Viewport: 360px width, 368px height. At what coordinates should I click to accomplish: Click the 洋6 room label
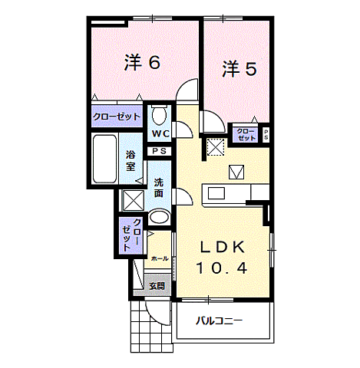click(x=142, y=63)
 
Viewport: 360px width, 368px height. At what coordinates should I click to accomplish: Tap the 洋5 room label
click(x=239, y=70)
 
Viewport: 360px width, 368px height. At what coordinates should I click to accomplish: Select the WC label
click(x=160, y=134)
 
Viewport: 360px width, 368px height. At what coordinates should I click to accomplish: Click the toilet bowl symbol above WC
click(x=160, y=116)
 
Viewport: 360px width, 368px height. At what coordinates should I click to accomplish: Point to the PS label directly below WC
click(x=160, y=152)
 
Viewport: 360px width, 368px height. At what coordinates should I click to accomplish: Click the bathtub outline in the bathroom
click(x=104, y=159)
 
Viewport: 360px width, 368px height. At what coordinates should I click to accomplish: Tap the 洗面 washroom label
click(x=159, y=188)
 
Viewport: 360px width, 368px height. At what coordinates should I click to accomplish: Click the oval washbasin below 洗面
click(x=159, y=217)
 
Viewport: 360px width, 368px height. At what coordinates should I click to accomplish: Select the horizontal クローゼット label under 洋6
click(x=116, y=117)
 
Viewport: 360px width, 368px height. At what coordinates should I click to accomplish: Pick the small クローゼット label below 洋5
click(x=246, y=134)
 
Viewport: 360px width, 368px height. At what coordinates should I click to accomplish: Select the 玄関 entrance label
click(x=157, y=285)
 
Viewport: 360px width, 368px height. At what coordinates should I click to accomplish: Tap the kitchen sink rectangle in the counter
click(x=214, y=193)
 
